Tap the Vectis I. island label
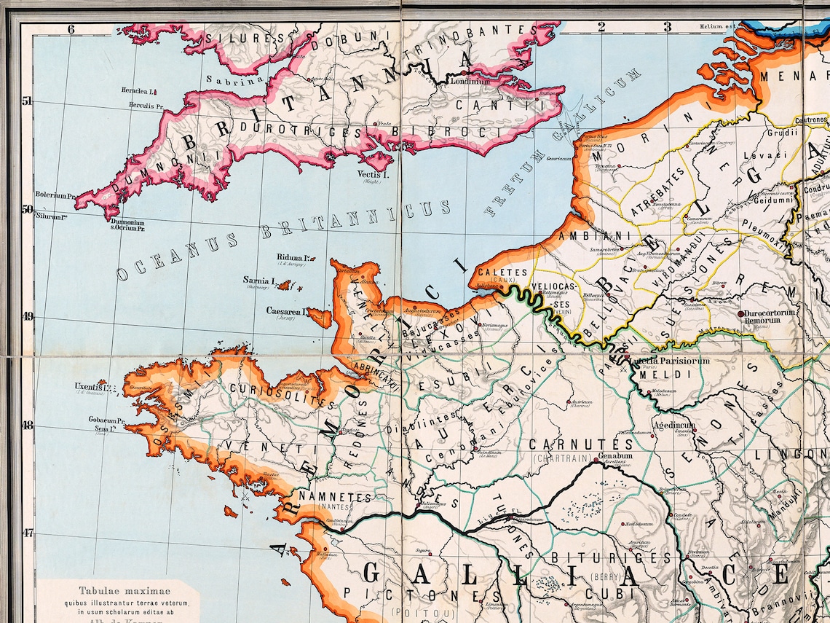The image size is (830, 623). click(x=374, y=175)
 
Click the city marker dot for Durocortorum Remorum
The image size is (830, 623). click(x=741, y=313)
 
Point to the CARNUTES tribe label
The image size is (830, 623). click(x=580, y=444)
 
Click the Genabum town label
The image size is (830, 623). click(x=615, y=457)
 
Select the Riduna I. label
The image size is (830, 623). click(x=294, y=257)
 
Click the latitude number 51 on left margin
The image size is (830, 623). click(x=27, y=101)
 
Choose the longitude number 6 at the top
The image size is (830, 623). click(x=71, y=29)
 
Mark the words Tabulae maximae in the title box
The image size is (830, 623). click(x=117, y=592)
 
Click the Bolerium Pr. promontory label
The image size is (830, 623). click(x=55, y=196)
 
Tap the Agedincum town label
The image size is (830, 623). click(x=673, y=425)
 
